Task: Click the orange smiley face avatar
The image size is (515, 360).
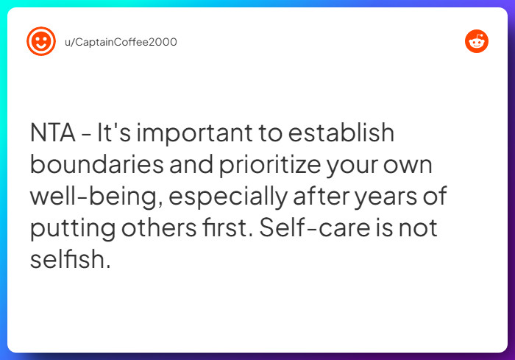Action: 41,41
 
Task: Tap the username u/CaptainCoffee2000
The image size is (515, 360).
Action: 121,42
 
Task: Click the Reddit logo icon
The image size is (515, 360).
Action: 477,41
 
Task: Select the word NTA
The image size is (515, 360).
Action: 52,133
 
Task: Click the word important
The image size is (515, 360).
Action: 194,133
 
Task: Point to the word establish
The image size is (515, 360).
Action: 341,133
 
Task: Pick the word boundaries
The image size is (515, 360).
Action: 97,164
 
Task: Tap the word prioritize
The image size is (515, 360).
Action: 270,164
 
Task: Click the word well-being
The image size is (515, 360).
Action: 96,197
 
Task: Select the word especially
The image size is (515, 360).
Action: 228,197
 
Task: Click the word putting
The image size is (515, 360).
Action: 73,228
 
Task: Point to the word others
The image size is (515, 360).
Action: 159,227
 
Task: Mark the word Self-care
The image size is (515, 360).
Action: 315,227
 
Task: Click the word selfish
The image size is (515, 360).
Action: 71,258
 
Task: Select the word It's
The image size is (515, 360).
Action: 114,133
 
